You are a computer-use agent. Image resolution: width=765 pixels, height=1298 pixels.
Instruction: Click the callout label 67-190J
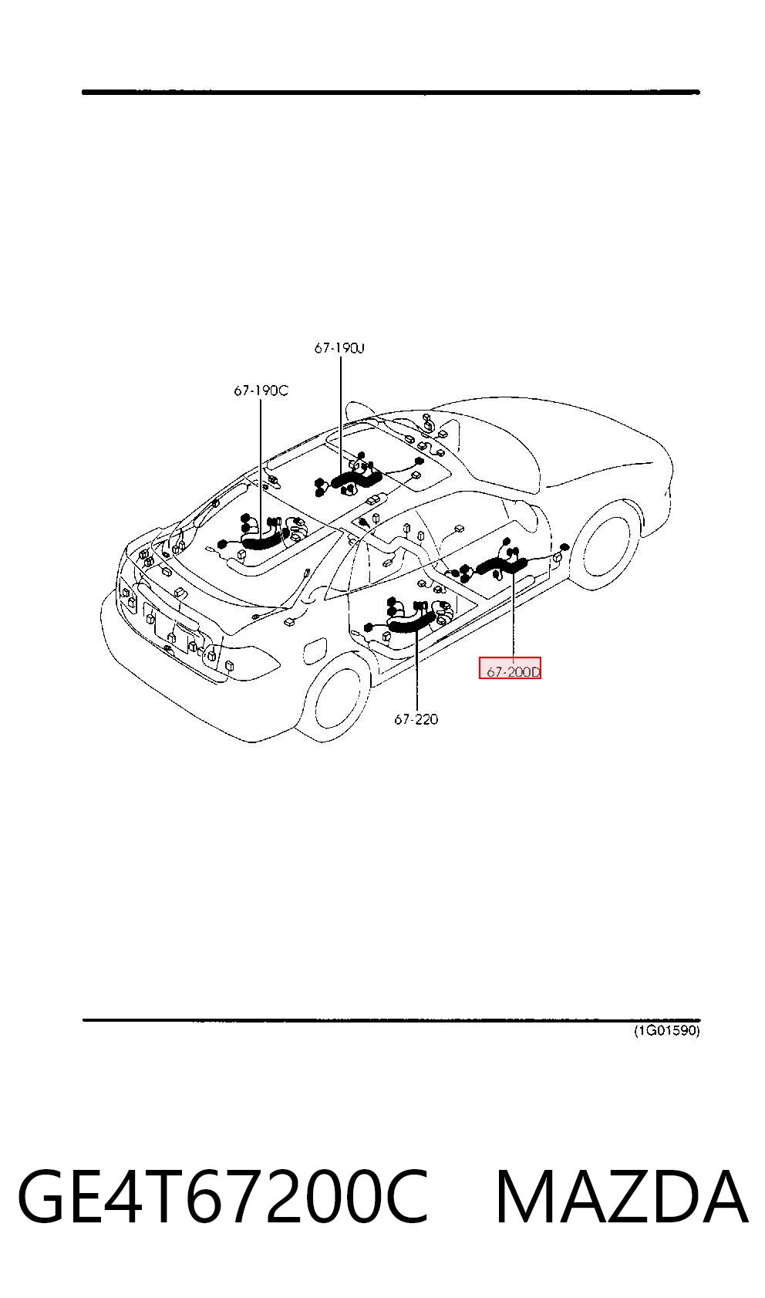point(339,348)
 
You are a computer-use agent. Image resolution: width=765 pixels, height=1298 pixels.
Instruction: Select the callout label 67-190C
point(261,390)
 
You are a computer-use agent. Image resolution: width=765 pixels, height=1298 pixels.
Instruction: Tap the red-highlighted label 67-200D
point(510,668)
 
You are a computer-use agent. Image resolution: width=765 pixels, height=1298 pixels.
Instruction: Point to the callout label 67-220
point(416,719)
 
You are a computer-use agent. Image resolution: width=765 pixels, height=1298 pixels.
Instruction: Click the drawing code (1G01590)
point(666,1030)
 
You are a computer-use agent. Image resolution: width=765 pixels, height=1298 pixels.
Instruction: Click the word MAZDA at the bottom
point(622,1197)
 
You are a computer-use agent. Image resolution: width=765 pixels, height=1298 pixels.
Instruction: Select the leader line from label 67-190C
point(261,466)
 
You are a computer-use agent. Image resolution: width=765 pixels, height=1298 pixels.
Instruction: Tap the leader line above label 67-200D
point(514,617)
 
